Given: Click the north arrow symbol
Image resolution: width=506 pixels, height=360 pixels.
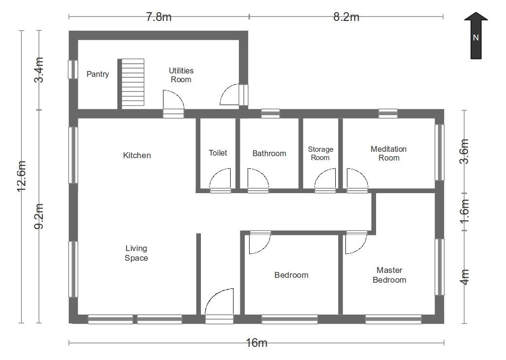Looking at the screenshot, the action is point(476,36).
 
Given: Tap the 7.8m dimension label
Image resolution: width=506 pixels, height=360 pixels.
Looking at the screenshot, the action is point(159,17).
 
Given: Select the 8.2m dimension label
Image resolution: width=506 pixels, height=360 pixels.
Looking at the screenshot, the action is point(346,17).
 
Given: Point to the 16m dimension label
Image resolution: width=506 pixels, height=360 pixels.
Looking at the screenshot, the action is point(256,342).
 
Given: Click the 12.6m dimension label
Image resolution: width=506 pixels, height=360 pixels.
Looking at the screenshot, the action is point(21,176).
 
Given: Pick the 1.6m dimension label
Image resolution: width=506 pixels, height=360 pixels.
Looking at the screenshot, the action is point(464,211).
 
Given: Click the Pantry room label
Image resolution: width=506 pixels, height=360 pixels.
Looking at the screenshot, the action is point(98,74).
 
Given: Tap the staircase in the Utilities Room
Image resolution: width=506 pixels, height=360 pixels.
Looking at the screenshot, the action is point(133,82).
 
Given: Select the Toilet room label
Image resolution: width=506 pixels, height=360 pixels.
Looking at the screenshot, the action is point(218,153).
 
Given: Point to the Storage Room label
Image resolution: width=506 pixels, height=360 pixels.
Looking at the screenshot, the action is point(321,154).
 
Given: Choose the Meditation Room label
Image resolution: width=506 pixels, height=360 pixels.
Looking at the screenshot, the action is point(389,154).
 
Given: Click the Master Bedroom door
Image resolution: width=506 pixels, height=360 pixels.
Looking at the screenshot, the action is point(356,242).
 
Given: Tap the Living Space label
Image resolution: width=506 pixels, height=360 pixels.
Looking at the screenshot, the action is point(136,253).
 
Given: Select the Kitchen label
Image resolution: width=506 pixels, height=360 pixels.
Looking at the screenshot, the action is point(137,156).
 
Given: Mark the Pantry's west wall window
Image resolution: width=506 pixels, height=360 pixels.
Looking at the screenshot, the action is point(72,70).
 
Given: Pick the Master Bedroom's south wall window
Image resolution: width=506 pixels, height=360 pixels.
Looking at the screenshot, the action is point(393,319).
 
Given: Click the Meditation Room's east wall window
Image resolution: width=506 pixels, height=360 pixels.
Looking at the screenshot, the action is point(439,152).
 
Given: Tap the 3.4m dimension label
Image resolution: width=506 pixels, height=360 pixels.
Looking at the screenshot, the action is point(39,70).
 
